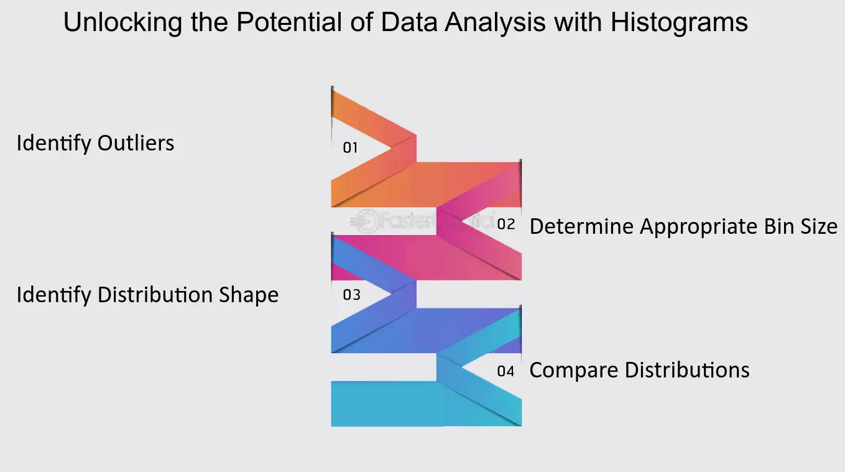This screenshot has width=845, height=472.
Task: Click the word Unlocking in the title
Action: pos(122,23)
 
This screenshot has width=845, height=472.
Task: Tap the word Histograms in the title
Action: pos(679,23)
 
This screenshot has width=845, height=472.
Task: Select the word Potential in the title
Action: pos(289,22)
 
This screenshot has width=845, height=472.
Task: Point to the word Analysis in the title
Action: pos(495,23)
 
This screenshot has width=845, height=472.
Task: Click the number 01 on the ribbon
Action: pos(350,147)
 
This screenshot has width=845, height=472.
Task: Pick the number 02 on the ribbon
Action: pos(506,224)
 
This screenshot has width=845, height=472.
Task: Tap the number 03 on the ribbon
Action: pos(351,295)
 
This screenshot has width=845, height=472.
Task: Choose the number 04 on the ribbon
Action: pos(506,371)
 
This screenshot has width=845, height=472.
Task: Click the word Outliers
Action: pos(136,144)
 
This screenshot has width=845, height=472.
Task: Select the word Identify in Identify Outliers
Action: pos(54,144)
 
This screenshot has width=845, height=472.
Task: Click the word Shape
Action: pos(249,295)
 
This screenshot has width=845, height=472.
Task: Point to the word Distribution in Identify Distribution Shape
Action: pos(155,295)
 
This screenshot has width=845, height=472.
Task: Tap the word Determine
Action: pos(581,226)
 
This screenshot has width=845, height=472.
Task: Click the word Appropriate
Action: pos(699,228)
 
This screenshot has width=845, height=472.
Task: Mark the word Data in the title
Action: pos(409,22)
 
